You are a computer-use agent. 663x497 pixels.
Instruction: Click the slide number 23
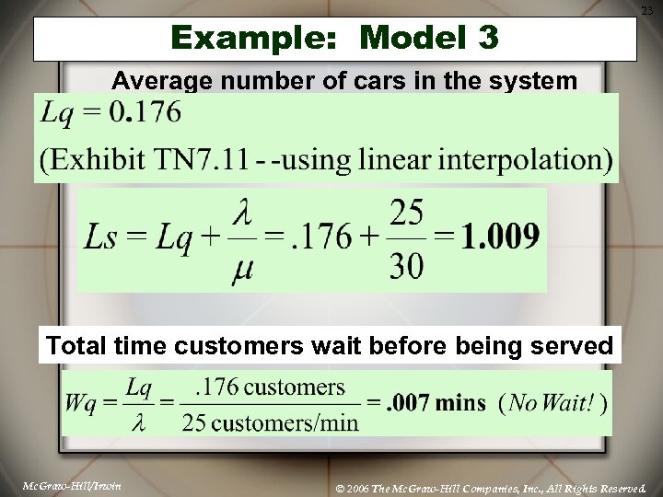(646, 10)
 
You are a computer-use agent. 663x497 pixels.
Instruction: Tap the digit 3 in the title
(487, 39)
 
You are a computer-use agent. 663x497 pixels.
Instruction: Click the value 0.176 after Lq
(145, 114)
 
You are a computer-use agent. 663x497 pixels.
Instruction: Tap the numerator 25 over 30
(407, 214)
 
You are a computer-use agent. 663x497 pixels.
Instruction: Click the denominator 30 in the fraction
(407, 267)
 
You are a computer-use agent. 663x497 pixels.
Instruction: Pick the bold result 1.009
(500, 237)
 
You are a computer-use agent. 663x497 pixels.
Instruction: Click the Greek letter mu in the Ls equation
(242, 271)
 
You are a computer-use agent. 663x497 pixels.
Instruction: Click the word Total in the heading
(78, 346)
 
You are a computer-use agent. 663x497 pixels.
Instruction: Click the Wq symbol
(82, 403)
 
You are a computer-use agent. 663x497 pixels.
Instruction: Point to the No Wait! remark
(553, 403)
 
